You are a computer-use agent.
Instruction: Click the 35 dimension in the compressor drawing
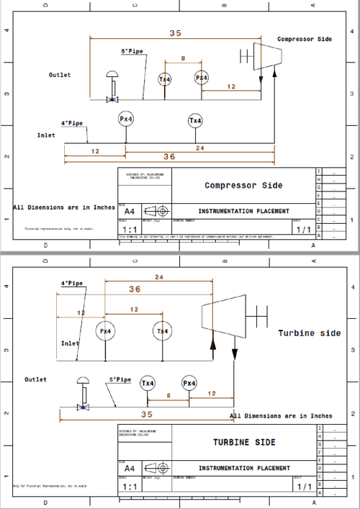pyautogui.click(x=175, y=33)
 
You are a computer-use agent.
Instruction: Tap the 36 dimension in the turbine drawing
pyautogui.click(x=135, y=289)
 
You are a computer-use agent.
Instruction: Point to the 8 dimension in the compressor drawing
pyautogui.click(x=183, y=58)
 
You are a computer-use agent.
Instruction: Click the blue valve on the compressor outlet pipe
pyautogui.click(x=112, y=99)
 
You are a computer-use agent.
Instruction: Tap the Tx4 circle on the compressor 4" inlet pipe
pyautogui.click(x=195, y=120)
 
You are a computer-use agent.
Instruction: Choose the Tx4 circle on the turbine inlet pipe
pyautogui.click(x=163, y=331)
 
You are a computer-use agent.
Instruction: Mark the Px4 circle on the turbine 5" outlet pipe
pyautogui.click(x=189, y=383)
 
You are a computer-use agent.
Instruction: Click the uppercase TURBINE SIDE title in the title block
pyautogui.click(x=243, y=441)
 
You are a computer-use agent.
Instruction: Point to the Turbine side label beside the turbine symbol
pyautogui.click(x=310, y=333)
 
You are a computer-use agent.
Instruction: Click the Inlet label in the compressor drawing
pyautogui.click(x=46, y=135)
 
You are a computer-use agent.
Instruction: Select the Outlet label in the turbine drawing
pyautogui.click(x=35, y=379)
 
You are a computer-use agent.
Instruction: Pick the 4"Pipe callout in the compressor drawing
pyautogui.click(x=72, y=122)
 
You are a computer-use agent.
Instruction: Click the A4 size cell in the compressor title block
pyautogui.click(x=129, y=212)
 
